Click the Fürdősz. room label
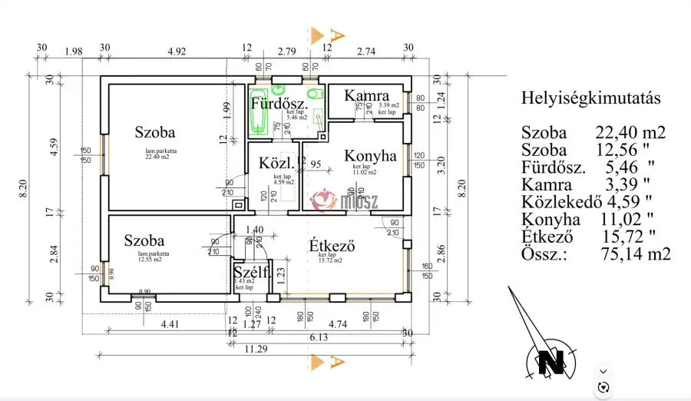(280, 103)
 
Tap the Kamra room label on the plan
(366, 95)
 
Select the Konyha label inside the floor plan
(370, 155)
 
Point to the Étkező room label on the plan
(331, 246)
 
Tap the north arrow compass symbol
(550, 360)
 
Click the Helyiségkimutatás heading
(590, 98)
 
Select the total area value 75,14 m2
(636, 254)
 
